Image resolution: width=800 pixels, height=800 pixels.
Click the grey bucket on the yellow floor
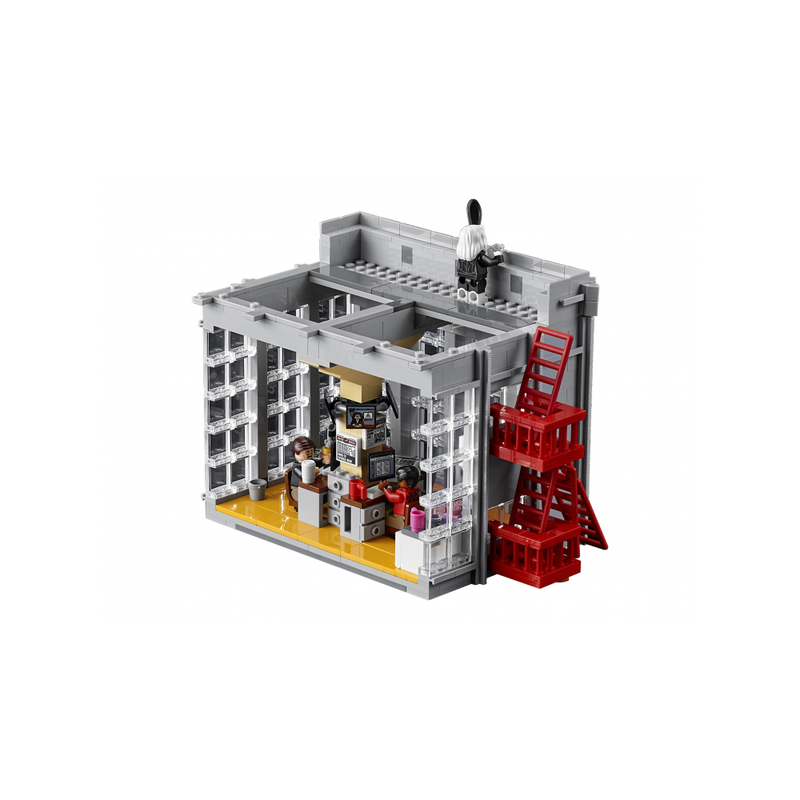(257, 488)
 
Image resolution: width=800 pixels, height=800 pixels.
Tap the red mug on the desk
(357, 489)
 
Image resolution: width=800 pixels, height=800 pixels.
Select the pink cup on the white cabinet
(417, 518)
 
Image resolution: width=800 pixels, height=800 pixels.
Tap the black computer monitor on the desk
(381, 465)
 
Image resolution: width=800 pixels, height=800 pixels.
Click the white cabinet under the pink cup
(410, 549)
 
